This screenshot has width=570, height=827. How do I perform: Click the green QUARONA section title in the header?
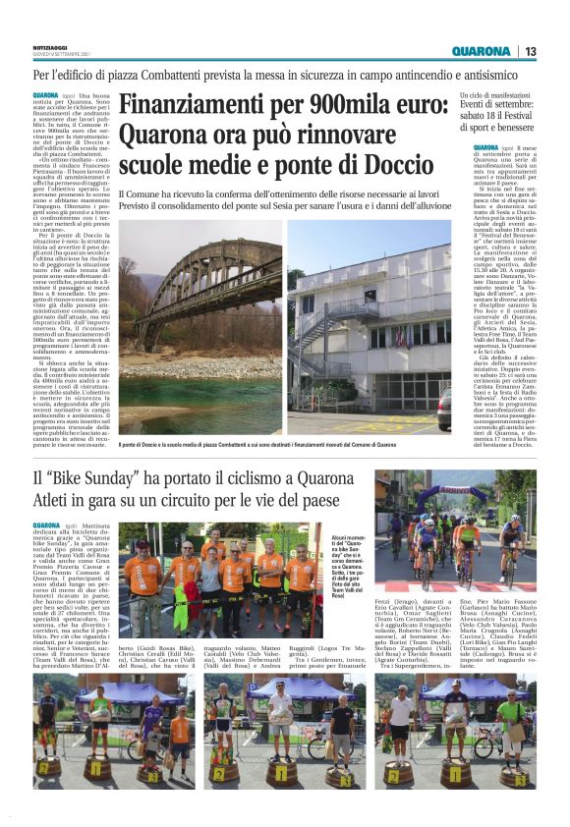[x=481, y=51]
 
